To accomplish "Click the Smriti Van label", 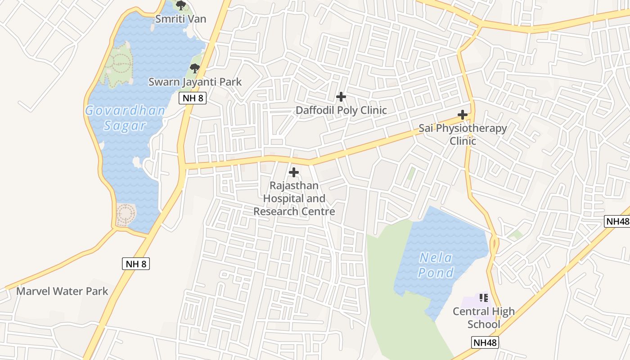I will click(x=180, y=18).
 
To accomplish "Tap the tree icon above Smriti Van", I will click(x=180, y=6).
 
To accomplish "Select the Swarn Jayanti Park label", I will click(x=195, y=82).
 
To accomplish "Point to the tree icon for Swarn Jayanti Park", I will click(x=194, y=68).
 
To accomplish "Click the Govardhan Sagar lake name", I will click(x=125, y=118).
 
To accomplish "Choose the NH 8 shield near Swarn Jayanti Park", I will click(x=193, y=98).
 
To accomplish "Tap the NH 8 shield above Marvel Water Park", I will click(x=135, y=264).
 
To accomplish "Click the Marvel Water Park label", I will click(x=62, y=291).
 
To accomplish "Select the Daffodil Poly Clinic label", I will click(x=341, y=110).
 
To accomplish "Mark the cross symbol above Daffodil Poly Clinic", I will click(x=341, y=97).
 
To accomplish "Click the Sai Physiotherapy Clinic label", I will click(x=463, y=135).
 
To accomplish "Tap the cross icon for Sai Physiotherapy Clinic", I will click(x=463, y=115).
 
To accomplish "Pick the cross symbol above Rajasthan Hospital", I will click(x=294, y=172).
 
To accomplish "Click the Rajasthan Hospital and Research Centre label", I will click(x=294, y=198).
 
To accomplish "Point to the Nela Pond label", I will click(x=436, y=265).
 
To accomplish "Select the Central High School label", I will click(x=483, y=318).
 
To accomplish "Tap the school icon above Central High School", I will click(x=484, y=297).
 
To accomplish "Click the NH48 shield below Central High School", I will click(x=485, y=342).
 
